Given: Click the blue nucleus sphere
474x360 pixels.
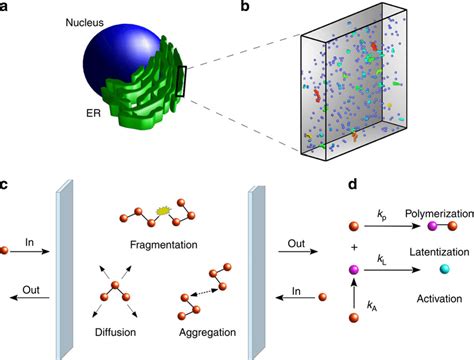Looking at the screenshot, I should click(x=100, y=70).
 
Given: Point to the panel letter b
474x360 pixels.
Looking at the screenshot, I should click(x=246, y=7).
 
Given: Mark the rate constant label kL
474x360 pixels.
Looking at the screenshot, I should click(x=383, y=259).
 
